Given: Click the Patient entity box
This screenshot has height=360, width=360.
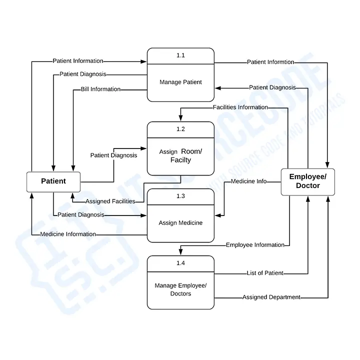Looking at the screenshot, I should pos(53,181).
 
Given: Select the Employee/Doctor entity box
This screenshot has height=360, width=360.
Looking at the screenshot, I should pos(307,181).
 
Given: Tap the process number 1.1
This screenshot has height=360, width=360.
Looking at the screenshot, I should pos(180,55).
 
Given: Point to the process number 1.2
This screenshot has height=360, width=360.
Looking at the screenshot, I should pos(180,129).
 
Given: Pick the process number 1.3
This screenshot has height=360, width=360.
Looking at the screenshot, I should pos(180,196).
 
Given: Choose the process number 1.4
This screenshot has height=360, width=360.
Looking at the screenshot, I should pos(180,263).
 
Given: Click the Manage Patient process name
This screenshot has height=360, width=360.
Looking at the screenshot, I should pos(180,82).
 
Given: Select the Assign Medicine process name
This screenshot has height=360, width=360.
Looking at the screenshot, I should pos(180,223).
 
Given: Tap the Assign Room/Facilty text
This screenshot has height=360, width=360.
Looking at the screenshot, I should pos(180,155).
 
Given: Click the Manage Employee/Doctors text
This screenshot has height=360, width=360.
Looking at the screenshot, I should pos(180,289).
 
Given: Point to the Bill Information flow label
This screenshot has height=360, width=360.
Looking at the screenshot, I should pos(100,89).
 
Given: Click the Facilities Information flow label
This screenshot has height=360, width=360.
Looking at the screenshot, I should pos(240,107).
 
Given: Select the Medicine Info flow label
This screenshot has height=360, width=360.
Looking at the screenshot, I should pos(248,181).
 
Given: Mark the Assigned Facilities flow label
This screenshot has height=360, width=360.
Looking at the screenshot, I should pos(110,201).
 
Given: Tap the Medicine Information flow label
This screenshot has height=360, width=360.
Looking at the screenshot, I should pos(68,234).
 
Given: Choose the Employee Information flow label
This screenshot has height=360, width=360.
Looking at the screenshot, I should pos(255,245).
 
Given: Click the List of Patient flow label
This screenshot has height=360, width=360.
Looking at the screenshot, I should pos(265,273).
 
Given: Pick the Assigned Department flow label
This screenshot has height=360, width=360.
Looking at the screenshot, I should pos(271,297).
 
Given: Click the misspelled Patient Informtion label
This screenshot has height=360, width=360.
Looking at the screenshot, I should pos(270,62).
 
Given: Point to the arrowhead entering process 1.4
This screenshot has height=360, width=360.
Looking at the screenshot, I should pos(180,252).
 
